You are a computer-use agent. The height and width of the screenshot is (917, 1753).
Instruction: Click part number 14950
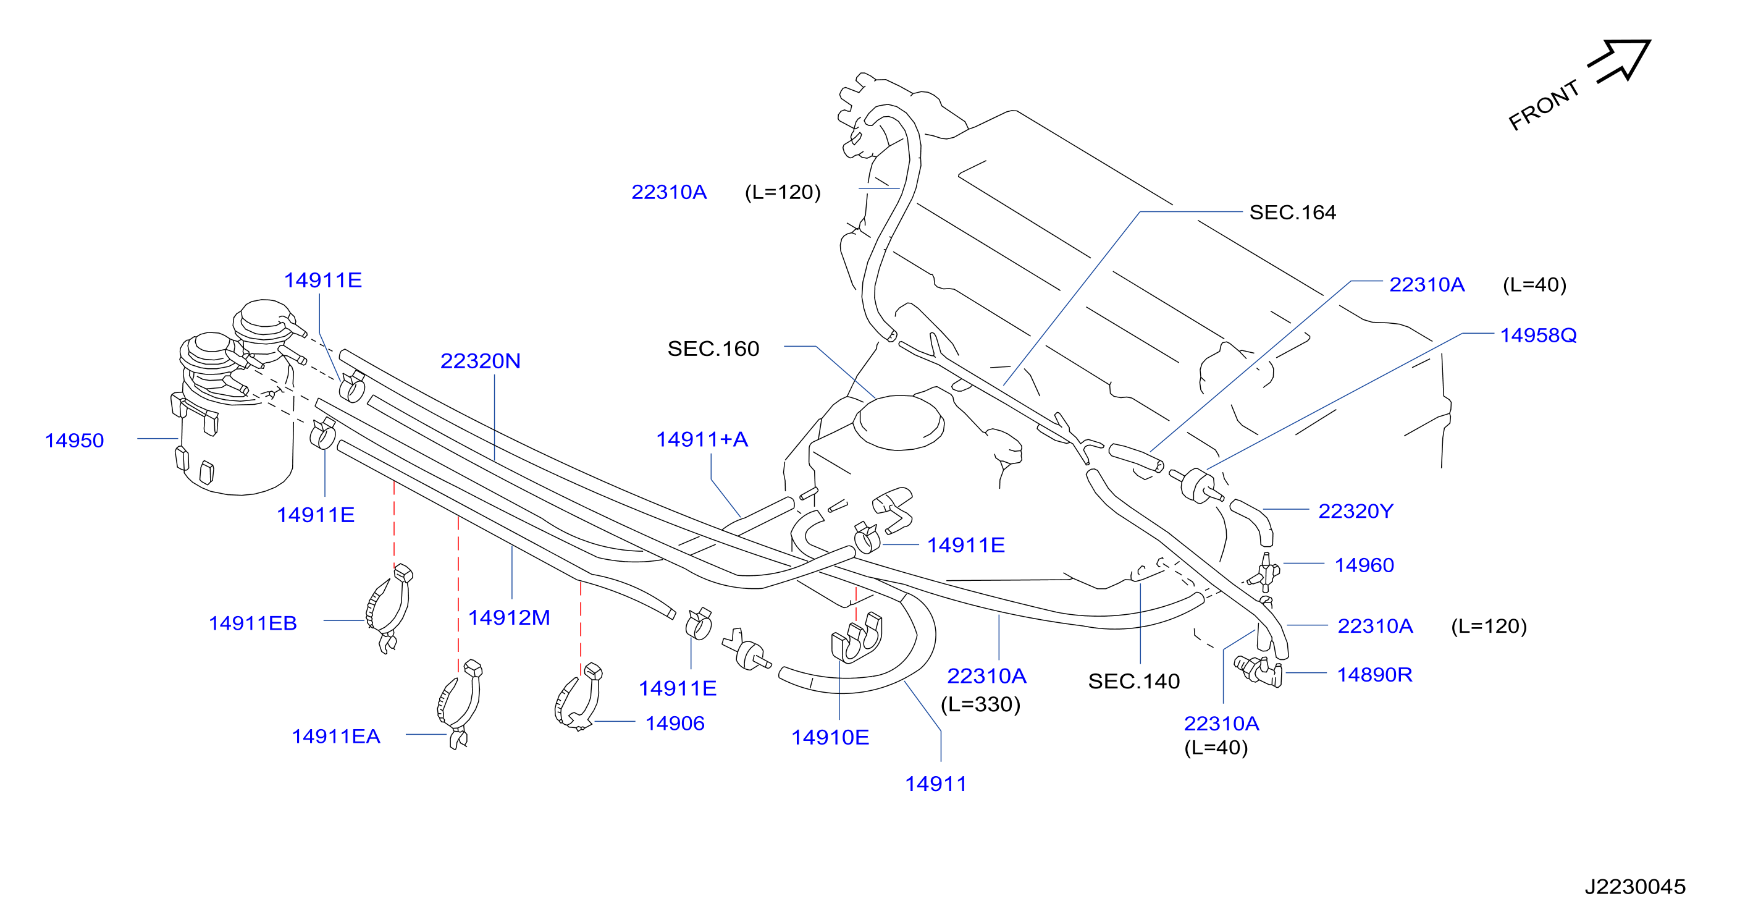(x=74, y=441)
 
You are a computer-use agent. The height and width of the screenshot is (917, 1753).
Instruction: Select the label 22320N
(x=481, y=361)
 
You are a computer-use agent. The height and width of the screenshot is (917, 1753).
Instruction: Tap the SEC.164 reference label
(x=1292, y=213)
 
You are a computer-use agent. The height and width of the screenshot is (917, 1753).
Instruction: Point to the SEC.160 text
(x=713, y=349)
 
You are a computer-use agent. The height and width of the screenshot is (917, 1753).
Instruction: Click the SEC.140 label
(x=1133, y=681)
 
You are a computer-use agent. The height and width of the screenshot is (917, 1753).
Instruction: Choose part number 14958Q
(x=1538, y=335)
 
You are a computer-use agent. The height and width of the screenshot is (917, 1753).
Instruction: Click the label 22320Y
(x=1356, y=510)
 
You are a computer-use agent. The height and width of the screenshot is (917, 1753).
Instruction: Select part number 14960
(x=1364, y=565)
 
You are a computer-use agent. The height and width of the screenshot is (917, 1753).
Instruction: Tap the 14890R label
(x=1374, y=674)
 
